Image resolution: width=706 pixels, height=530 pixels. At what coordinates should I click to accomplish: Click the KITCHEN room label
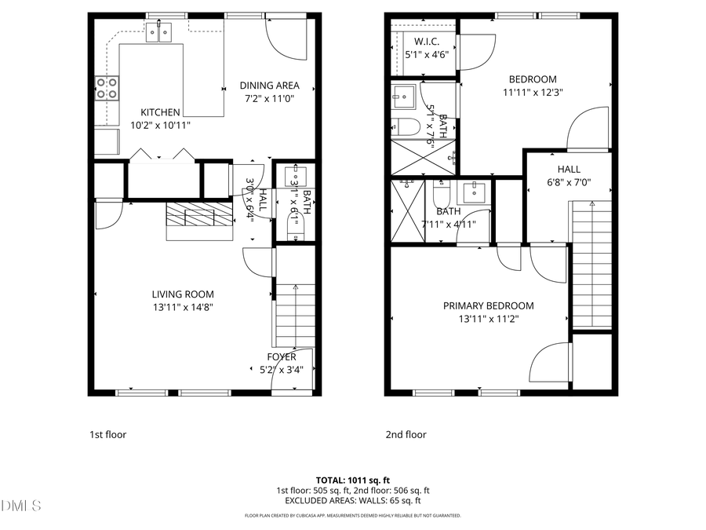pyautogui.click(x=160, y=112)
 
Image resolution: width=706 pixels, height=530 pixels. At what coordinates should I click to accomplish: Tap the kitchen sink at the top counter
pyautogui.click(x=158, y=32)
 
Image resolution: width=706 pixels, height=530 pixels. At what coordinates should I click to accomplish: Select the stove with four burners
pyautogui.click(x=107, y=89)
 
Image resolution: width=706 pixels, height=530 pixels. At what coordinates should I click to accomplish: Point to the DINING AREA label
pyautogui.click(x=270, y=86)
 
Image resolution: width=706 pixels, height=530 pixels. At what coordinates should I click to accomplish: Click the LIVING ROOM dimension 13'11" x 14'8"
pyautogui.click(x=183, y=307)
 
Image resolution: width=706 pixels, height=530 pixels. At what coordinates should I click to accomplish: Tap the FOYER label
pyautogui.click(x=281, y=357)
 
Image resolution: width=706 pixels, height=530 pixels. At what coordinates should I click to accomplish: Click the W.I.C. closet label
pyautogui.click(x=426, y=42)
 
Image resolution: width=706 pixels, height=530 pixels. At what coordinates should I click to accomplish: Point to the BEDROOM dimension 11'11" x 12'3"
pyautogui.click(x=533, y=92)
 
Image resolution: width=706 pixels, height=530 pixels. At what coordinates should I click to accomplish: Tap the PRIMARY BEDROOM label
pyautogui.click(x=488, y=306)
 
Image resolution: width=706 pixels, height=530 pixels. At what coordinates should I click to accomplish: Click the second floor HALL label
pyautogui.click(x=569, y=170)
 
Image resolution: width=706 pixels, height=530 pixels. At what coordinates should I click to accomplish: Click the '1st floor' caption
pyautogui.click(x=107, y=434)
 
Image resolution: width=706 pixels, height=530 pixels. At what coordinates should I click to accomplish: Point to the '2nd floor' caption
pyautogui.click(x=406, y=434)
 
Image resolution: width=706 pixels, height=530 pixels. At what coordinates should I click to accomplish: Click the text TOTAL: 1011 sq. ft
pyautogui.click(x=352, y=480)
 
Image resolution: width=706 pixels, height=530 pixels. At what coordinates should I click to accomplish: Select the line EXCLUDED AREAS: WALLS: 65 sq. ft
pyautogui.click(x=352, y=500)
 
